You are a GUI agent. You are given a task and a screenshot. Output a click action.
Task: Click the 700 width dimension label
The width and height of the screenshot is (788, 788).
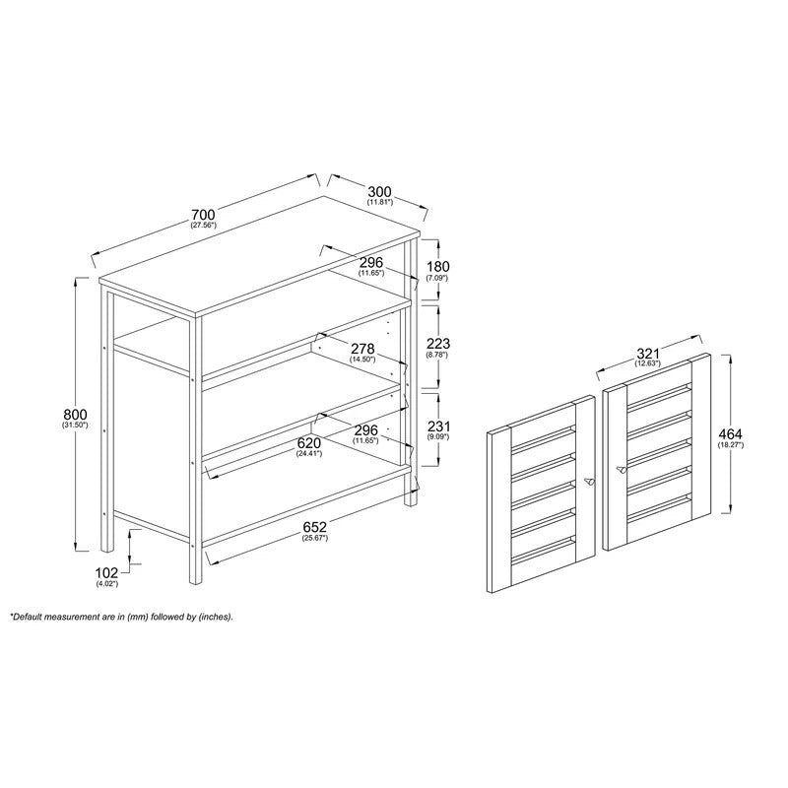point(204,214)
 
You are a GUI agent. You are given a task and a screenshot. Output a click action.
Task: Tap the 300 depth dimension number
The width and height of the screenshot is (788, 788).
point(379,191)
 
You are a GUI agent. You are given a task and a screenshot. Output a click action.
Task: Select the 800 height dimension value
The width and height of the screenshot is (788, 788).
point(76,415)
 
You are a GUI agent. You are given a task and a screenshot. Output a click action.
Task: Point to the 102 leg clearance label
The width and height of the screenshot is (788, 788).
point(106,572)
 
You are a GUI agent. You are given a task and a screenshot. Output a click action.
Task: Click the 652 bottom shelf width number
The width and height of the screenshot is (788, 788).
point(314,527)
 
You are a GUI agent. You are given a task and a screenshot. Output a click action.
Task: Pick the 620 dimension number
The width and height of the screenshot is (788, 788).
point(309,443)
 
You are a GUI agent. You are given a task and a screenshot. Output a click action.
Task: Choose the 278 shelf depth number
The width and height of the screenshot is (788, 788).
point(362,349)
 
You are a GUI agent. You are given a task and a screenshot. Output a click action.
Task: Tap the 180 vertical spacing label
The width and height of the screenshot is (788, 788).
point(437,266)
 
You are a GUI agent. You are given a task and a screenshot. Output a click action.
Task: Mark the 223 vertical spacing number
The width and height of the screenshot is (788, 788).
point(438,344)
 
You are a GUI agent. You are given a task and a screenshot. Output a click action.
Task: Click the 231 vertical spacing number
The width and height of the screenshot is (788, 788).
point(438,427)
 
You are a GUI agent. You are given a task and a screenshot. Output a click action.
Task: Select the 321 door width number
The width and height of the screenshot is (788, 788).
point(648,354)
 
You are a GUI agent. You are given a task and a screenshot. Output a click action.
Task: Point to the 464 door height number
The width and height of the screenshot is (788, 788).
point(731,433)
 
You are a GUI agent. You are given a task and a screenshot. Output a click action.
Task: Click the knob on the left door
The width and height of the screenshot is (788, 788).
point(588,482)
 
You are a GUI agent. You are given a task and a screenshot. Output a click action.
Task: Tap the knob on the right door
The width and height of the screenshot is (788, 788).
point(621,470)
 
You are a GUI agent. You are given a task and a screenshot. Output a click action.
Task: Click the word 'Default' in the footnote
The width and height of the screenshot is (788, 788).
point(29,617)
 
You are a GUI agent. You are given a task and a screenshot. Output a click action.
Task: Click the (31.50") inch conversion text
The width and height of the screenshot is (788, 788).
point(76,426)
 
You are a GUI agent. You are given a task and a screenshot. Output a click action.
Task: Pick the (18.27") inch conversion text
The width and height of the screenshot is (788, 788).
point(731,444)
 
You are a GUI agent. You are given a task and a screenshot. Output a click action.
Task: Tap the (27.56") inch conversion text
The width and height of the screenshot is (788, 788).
point(204,225)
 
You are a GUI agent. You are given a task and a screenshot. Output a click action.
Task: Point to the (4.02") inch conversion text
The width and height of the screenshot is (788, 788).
point(106,583)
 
